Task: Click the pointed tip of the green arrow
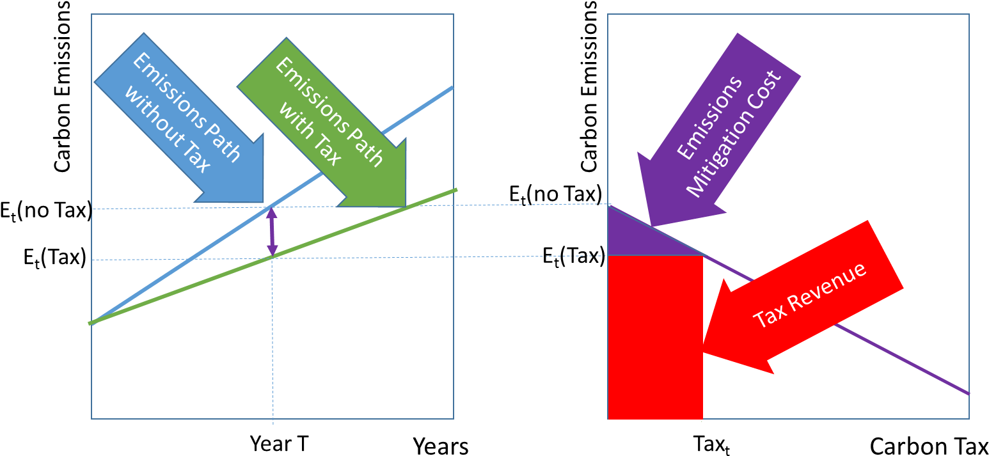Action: point(405,207)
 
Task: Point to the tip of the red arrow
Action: point(703,352)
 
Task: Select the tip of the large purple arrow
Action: point(651,226)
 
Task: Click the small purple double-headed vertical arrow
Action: point(272,231)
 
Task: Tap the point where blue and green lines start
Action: point(91,323)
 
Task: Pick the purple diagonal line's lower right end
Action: point(967,393)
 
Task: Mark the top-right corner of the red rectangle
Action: point(703,255)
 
